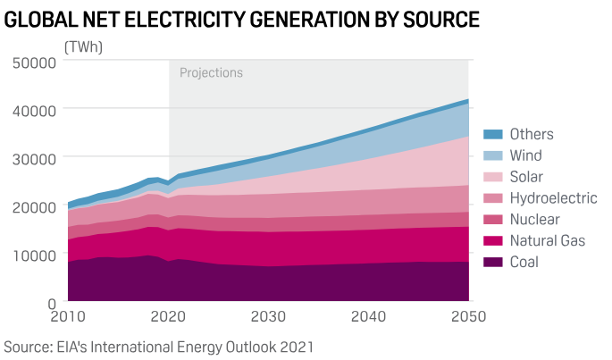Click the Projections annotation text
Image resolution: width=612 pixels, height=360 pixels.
[211, 73]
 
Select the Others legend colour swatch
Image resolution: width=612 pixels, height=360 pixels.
[492, 135]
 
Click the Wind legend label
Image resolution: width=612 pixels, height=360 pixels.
[527, 155]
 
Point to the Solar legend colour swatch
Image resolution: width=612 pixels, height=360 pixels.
[492, 177]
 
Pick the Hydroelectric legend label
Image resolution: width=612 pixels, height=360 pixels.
[553, 198]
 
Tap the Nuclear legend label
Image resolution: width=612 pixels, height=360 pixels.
[535, 220]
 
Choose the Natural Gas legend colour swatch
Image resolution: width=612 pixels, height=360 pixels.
[492, 241]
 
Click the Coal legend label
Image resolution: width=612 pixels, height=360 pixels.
[526, 263]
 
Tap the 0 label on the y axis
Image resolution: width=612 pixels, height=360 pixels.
[52, 303]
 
